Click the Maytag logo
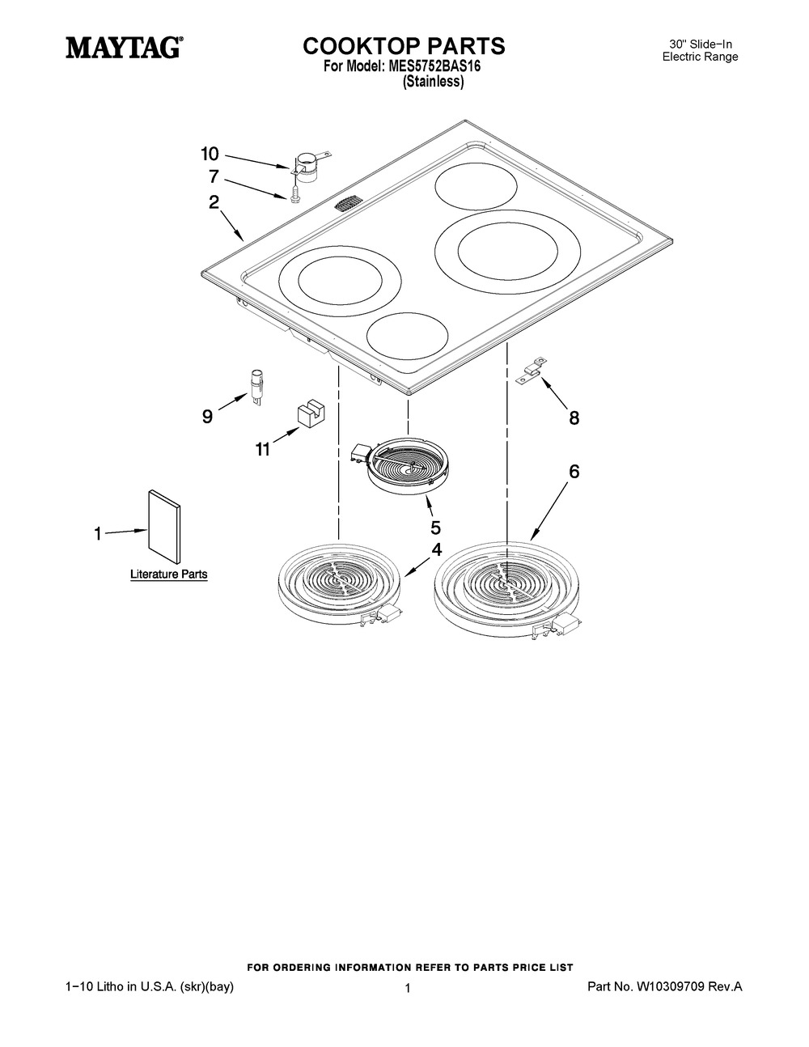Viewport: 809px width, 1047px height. coord(125,49)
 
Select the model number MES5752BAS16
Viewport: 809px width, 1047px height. coord(433,67)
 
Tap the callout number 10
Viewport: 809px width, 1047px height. coord(210,155)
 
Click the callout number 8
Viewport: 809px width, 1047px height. coord(574,418)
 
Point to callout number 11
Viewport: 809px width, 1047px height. coord(262,450)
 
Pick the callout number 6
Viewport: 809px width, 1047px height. coord(574,472)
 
